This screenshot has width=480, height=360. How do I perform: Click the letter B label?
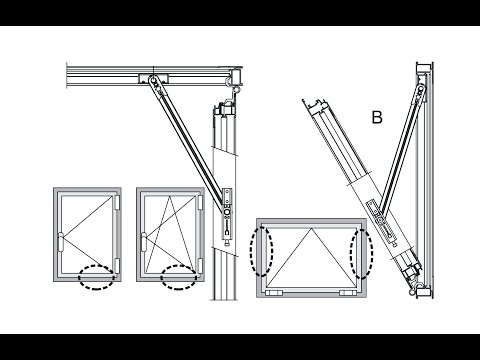pos(377,117)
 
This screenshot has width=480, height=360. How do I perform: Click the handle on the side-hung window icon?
pos(61,241)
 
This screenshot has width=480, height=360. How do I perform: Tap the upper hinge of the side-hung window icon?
pos(117,202)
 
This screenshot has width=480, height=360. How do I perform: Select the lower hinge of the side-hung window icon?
pos(117,265)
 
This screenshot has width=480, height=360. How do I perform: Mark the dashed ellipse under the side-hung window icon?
pos(97,277)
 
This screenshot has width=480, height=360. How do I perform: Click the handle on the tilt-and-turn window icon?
pos(144,241)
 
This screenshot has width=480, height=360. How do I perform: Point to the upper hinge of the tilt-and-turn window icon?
pos(200,202)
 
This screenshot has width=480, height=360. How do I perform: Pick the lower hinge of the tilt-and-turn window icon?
pos(200,265)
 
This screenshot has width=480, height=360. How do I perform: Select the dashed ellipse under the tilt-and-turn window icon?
pos(179,277)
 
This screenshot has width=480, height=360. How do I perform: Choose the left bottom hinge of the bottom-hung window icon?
pos(274,293)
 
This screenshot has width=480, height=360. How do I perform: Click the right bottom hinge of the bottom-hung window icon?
pos(348,293)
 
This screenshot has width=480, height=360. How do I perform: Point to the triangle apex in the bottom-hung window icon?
pos(312,229)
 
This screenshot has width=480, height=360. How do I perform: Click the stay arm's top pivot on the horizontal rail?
pos(153,79)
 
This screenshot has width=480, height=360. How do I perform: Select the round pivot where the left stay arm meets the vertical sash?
pos(227,212)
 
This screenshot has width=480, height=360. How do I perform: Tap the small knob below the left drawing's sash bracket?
pos(228,243)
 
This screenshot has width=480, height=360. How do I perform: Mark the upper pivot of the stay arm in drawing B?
pos(421,89)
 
